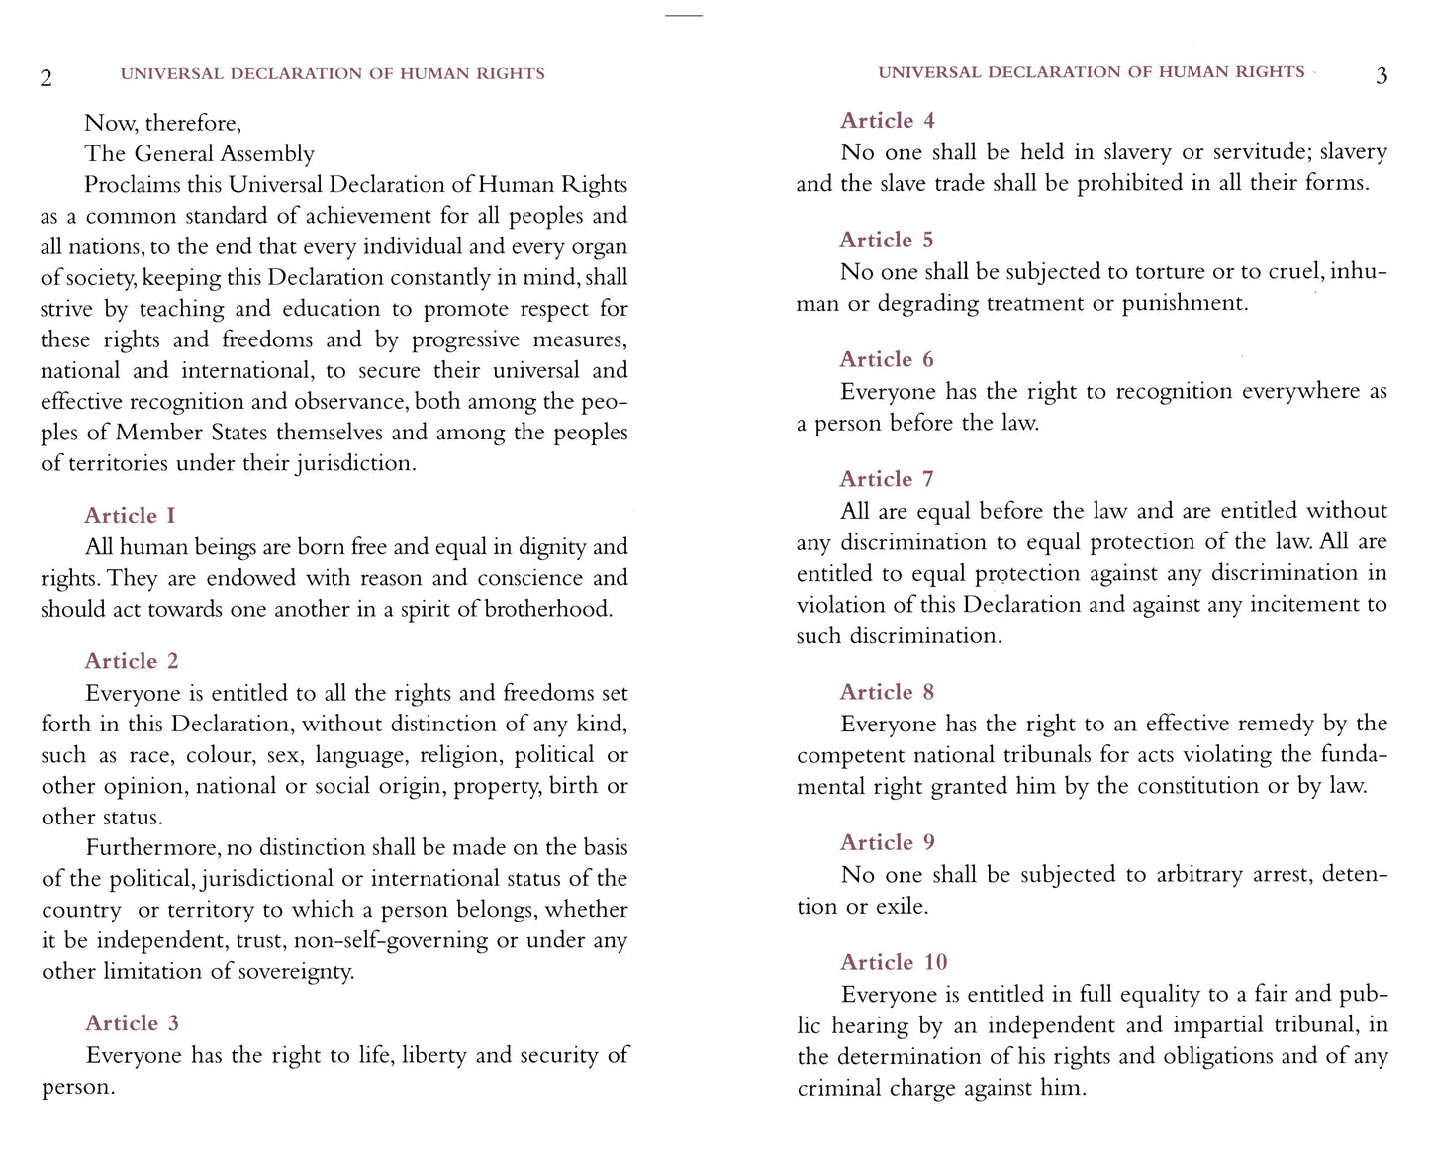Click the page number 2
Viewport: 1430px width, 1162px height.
[46, 78]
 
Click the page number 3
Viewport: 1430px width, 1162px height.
[1382, 76]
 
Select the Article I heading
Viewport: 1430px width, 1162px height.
[130, 516]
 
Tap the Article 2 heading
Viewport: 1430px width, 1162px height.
[132, 661]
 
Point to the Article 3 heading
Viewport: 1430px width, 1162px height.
[132, 1023]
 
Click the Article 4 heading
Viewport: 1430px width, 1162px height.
[887, 121]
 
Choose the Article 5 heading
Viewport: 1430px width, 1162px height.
[887, 241]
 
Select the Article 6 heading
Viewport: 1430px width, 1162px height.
[887, 360]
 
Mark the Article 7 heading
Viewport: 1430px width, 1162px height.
[887, 480]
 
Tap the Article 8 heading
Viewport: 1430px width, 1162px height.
[887, 693]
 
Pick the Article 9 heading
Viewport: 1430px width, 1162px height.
[887, 843]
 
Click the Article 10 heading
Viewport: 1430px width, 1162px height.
[894, 963]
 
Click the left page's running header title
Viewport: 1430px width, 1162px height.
[333, 74]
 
